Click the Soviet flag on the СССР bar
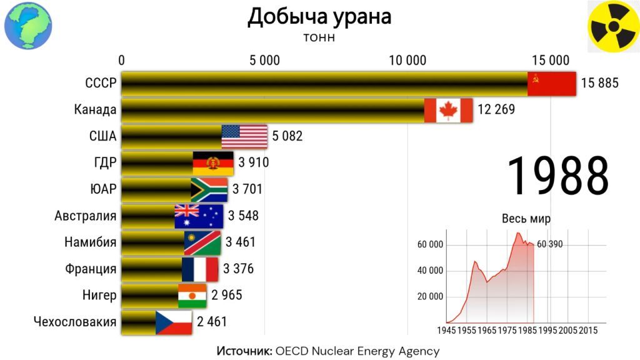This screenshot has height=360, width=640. click(x=551, y=84)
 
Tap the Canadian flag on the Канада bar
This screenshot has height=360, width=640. click(x=449, y=110)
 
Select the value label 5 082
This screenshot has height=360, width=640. click(x=287, y=136)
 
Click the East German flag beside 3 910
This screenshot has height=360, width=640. click(x=213, y=163)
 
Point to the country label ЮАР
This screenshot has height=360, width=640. click(x=103, y=189)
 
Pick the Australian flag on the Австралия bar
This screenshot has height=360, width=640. click(x=199, y=216)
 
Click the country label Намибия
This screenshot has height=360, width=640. click(x=90, y=242)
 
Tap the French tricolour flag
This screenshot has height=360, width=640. click(x=200, y=269)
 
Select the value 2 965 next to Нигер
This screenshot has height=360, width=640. click(x=226, y=295)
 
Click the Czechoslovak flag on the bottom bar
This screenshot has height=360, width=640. click(x=174, y=322)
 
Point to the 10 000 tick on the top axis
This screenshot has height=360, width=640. click(x=407, y=61)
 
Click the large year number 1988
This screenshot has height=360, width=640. click(x=558, y=176)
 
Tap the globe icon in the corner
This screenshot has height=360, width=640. click(x=28, y=25)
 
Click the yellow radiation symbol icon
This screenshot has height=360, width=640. click(x=614, y=26)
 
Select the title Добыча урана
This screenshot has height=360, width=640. click(x=319, y=17)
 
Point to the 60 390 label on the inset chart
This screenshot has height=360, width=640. click(x=549, y=244)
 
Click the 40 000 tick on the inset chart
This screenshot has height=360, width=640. click(x=430, y=271)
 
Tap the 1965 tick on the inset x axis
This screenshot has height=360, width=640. click(x=486, y=330)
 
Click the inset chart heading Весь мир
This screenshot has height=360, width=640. click(x=526, y=219)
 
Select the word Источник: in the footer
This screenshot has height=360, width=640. click(x=244, y=351)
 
